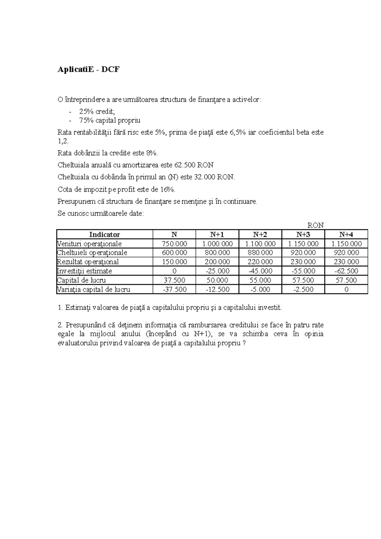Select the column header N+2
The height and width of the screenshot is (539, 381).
(x=260, y=235)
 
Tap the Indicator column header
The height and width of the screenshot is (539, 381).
(x=104, y=235)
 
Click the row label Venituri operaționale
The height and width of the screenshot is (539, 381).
(x=89, y=244)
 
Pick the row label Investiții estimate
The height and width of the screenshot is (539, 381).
(x=84, y=271)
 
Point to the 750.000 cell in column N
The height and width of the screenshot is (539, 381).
(x=174, y=244)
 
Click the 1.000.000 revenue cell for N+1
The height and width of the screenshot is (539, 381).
(x=217, y=244)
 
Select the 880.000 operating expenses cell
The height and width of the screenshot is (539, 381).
(x=260, y=253)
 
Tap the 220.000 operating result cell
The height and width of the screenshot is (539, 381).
(x=260, y=262)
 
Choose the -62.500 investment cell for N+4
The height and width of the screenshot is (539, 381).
(x=346, y=271)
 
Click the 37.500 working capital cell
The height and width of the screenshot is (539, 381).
(x=174, y=280)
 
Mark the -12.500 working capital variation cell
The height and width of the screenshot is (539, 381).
(x=217, y=289)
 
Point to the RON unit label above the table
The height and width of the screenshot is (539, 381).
(x=316, y=225)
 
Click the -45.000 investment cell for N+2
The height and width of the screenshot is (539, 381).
(x=260, y=271)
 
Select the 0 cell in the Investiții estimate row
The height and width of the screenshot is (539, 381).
(x=174, y=271)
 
